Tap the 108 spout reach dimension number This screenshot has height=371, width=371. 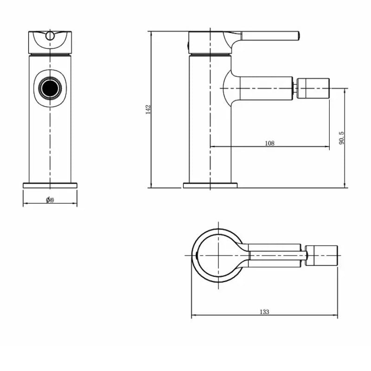coord(269,143)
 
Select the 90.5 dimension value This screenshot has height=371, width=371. coord(342,138)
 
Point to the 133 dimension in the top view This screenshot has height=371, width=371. coord(264,312)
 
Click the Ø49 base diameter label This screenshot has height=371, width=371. coord(50,200)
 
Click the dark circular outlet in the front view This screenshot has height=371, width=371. coord(50,88)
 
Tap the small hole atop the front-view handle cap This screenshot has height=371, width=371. coord(50,35)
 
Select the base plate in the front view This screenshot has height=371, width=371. coord(50,185)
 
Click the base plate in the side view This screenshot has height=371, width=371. coord(210,185)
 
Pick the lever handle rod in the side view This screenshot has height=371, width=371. coord(269,35)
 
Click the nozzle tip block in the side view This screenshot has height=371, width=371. coord(313,88)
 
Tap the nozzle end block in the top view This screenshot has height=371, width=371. coord(322,256)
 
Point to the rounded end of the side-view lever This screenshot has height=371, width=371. coord(298,35)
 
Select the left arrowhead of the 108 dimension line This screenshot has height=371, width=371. coord(212,147)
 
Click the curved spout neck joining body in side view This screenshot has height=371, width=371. coord(228,88)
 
